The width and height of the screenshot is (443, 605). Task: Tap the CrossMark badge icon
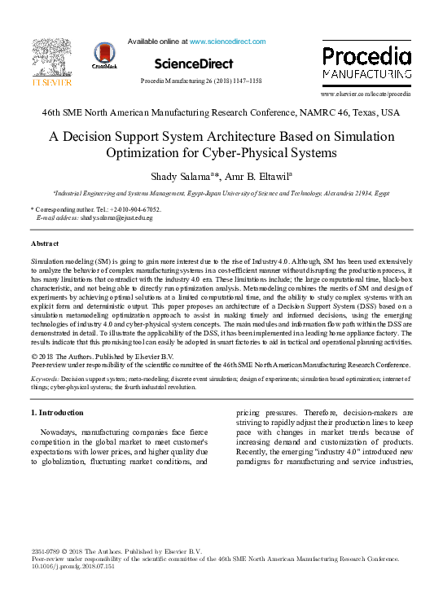point(105,55)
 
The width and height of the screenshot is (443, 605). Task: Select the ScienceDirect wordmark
point(193,64)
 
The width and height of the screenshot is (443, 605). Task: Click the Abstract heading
point(45,244)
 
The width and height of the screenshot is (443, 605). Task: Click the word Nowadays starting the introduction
point(62,432)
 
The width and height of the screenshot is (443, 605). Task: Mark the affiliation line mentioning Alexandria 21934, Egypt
point(221,194)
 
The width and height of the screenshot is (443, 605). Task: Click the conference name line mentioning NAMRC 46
point(221,112)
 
